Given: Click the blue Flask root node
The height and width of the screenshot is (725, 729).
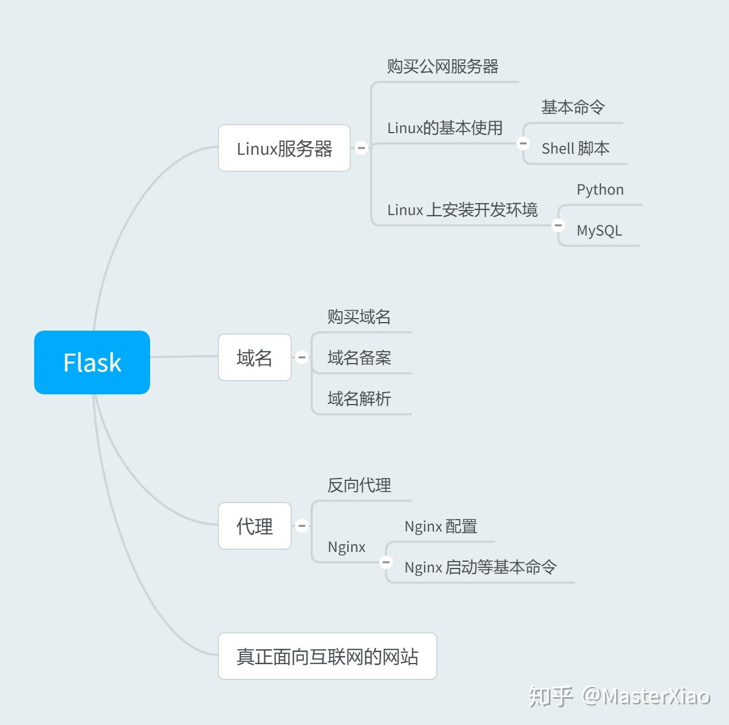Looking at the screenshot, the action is (x=92, y=362).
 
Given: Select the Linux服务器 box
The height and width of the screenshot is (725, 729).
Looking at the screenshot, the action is (x=284, y=148).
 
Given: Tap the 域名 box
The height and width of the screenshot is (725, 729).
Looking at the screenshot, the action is (x=255, y=357).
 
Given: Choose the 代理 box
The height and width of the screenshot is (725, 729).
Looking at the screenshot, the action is (x=255, y=526).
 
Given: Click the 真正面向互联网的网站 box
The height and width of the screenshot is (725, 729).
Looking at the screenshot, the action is (x=327, y=656).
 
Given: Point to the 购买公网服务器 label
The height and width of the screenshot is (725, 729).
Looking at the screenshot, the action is (x=442, y=67).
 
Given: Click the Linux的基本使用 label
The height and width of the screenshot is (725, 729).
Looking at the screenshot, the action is (x=445, y=128).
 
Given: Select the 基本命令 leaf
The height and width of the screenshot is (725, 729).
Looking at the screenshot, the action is (x=573, y=107).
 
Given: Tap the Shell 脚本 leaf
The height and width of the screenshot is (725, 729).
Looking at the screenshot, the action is (x=575, y=148).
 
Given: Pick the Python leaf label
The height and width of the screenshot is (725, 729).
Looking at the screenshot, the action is (x=600, y=190).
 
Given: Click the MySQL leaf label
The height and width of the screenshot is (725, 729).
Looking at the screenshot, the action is (x=599, y=230).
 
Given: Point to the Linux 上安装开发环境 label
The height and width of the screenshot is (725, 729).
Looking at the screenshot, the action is (x=462, y=210).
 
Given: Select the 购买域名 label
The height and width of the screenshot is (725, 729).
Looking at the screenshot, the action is (x=359, y=317).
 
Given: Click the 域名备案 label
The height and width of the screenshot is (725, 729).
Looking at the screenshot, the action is (x=359, y=358).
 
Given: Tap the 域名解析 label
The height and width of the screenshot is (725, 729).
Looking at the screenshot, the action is (x=359, y=399).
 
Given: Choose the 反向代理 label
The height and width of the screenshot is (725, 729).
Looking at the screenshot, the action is (x=359, y=485).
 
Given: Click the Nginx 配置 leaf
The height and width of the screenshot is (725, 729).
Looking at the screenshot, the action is (x=441, y=526).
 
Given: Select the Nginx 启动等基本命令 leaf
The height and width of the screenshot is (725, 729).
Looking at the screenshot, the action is (x=481, y=567).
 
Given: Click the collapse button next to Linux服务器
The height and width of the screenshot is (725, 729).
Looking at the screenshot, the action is (x=361, y=147).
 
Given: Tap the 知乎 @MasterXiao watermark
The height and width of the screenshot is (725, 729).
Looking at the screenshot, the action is (x=619, y=696).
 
